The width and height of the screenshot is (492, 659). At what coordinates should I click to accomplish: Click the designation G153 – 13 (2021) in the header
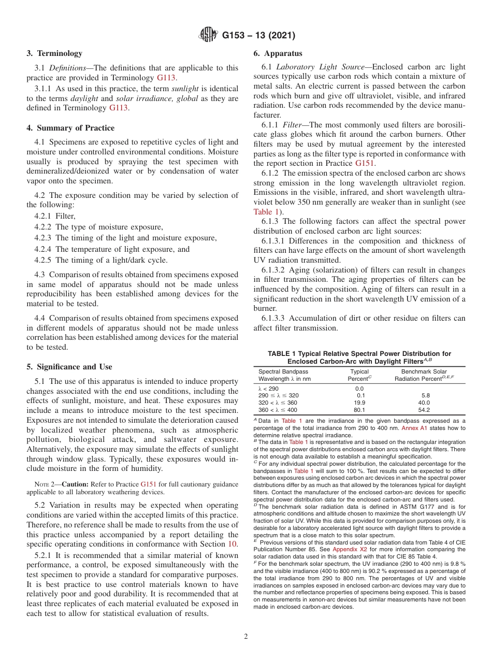click(x=258, y=36)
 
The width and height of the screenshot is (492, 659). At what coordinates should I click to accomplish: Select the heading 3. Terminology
click(x=54, y=53)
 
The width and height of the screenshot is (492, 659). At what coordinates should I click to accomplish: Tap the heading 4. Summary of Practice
click(x=70, y=128)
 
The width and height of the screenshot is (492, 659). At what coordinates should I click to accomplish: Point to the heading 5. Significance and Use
click(x=69, y=367)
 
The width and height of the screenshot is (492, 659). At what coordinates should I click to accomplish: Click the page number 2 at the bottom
click(x=246, y=637)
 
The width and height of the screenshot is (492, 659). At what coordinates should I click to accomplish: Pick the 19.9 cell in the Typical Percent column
click(x=359, y=403)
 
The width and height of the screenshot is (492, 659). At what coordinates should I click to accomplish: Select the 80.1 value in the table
click(x=359, y=410)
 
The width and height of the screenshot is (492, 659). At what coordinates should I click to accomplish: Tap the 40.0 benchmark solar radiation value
click(x=424, y=403)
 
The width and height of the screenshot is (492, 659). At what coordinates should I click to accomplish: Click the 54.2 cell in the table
click(x=424, y=410)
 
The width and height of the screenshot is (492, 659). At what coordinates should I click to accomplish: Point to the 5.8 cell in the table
click(x=426, y=395)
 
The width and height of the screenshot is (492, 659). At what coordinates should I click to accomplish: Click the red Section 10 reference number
click(x=233, y=545)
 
